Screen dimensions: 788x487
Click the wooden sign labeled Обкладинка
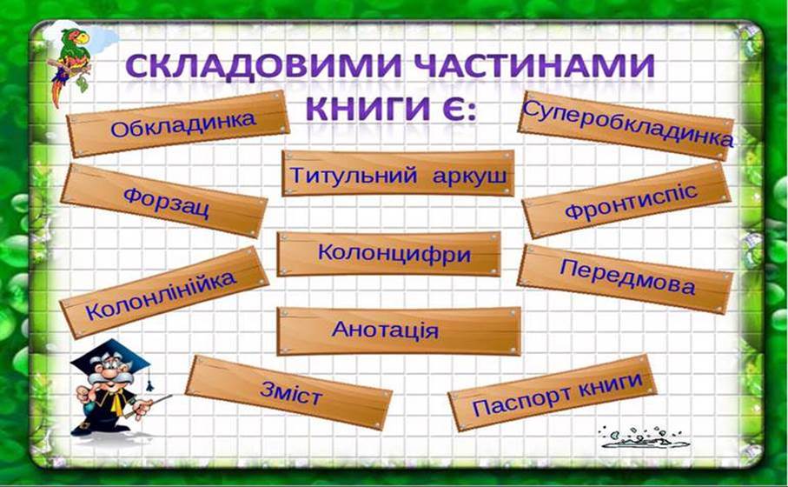[178, 123]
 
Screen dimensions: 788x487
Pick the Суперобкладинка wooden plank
[626, 126]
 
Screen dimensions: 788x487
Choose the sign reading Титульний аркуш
[398, 173]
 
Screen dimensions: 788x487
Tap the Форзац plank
[164, 200]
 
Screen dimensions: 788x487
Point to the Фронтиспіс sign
[626, 200]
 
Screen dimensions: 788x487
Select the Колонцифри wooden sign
[389, 254]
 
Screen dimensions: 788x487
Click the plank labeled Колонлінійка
[164, 292]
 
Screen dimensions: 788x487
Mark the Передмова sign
[626, 279]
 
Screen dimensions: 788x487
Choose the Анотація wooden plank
[399, 331]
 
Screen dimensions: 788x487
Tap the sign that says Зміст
[289, 392]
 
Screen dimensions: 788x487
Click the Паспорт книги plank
[553, 393]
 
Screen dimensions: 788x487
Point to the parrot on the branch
[70, 63]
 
